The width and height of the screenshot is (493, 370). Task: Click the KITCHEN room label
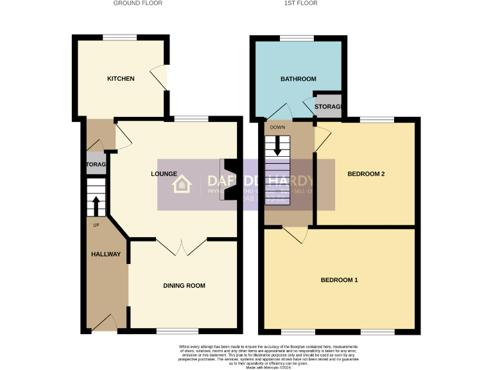click(x=121, y=78)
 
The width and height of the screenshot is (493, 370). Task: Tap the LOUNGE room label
click(x=164, y=173)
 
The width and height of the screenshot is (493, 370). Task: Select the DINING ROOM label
click(x=184, y=285)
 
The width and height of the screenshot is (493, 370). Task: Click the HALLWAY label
click(x=105, y=254)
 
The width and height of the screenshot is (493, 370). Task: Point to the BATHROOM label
click(x=298, y=79)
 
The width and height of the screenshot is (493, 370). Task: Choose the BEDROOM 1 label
click(x=339, y=280)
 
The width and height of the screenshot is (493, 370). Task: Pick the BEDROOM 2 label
click(x=365, y=173)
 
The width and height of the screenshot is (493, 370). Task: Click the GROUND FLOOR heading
click(x=137, y=3)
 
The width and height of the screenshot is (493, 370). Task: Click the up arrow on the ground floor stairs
click(x=96, y=206)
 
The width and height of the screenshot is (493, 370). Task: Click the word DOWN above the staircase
click(x=277, y=127)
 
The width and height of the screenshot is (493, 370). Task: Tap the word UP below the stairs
click(x=96, y=225)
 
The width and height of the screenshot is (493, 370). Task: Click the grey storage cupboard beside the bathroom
click(x=328, y=107)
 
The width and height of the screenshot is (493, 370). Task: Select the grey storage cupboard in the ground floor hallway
click(x=94, y=164)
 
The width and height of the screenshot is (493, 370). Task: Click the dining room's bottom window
click(x=173, y=331)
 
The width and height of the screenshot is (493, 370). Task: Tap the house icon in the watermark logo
click(x=182, y=184)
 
